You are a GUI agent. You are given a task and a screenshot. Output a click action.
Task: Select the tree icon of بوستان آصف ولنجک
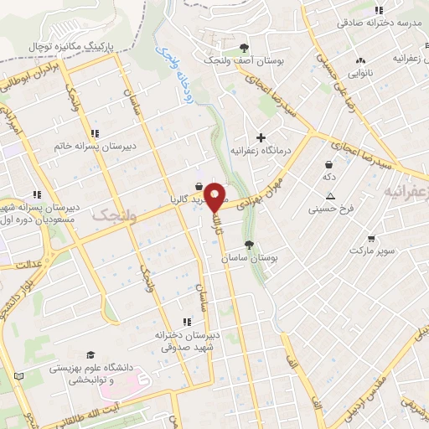244,48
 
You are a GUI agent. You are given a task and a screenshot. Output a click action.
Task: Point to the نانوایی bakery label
361,72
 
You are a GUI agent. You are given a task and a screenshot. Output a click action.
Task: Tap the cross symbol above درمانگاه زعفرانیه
261,137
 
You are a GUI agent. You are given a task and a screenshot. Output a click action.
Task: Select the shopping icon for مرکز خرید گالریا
198,186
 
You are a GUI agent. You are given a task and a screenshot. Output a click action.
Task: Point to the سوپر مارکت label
372,250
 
